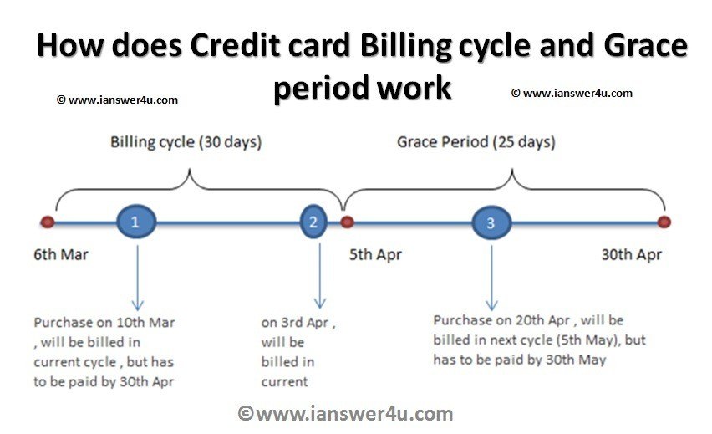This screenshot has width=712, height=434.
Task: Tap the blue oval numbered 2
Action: point(313,222)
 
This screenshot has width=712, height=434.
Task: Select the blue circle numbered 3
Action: point(491,223)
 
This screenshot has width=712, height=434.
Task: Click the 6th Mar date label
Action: point(61,254)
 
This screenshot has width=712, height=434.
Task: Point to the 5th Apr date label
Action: point(375,254)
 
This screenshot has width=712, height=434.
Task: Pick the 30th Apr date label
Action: point(632,254)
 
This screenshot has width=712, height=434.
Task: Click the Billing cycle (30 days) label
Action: point(186,142)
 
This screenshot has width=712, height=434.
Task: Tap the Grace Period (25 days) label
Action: point(476,142)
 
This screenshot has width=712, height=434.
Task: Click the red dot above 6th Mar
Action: point(48,222)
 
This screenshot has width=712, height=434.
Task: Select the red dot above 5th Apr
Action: point(347,222)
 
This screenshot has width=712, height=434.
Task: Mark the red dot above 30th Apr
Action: point(664,222)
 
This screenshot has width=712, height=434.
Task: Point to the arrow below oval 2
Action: point(318,276)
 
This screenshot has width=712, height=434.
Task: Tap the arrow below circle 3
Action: point(491,276)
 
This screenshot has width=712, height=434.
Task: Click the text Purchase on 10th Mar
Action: point(104,322)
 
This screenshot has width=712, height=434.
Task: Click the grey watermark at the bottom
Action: point(346,413)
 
